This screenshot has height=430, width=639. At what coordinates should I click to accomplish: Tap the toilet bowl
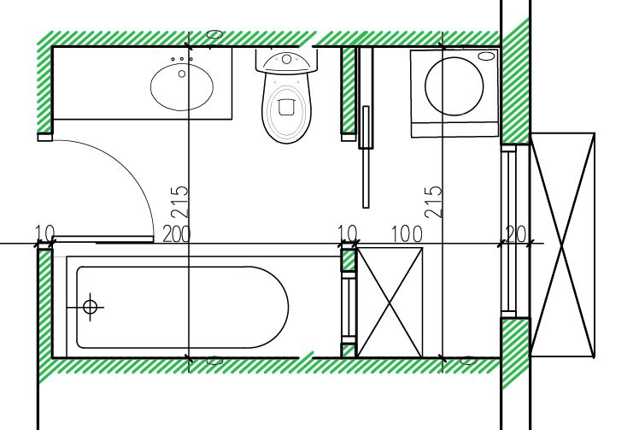(x=286, y=108)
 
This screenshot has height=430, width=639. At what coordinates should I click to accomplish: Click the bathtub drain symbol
(x=90, y=306)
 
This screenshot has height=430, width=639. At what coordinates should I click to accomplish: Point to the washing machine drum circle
(x=454, y=86)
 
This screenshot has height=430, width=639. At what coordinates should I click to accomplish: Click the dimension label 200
(x=177, y=234)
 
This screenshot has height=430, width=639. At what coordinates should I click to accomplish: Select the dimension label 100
(x=407, y=233)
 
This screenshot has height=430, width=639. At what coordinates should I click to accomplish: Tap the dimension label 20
(x=515, y=233)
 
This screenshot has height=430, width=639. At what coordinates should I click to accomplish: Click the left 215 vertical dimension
(x=179, y=202)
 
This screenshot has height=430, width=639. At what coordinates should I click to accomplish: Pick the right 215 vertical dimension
(x=433, y=202)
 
